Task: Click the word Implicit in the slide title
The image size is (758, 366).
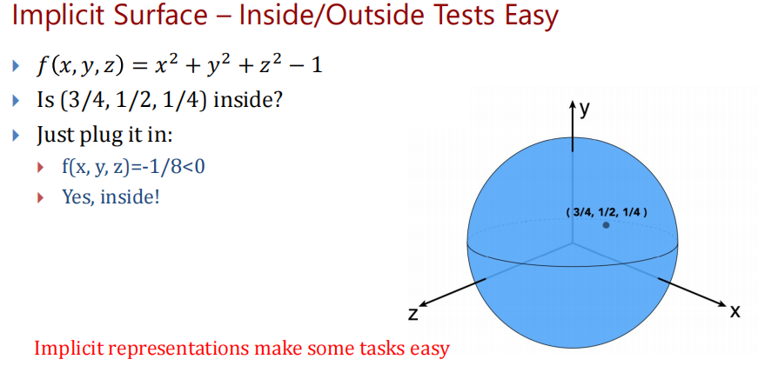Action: [x=63, y=16]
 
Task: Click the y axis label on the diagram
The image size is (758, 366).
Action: [x=585, y=110]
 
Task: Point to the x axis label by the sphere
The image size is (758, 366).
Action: [x=735, y=311]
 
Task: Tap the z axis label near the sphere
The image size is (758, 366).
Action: [x=413, y=315]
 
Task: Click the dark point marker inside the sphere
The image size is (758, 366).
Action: [x=606, y=225]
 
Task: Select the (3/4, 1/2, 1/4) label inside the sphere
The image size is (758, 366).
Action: [x=607, y=212]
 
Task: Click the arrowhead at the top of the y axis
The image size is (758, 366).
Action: [x=573, y=103]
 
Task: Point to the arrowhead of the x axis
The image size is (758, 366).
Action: [x=722, y=304]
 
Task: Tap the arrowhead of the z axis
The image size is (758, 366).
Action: [x=423, y=304]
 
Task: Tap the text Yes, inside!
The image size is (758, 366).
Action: [x=111, y=196]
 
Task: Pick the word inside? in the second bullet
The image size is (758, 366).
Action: [x=248, y=102]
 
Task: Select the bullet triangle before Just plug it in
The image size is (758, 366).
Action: [x=17, y=134]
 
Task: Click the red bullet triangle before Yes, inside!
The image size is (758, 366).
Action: [x=41, y=197]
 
